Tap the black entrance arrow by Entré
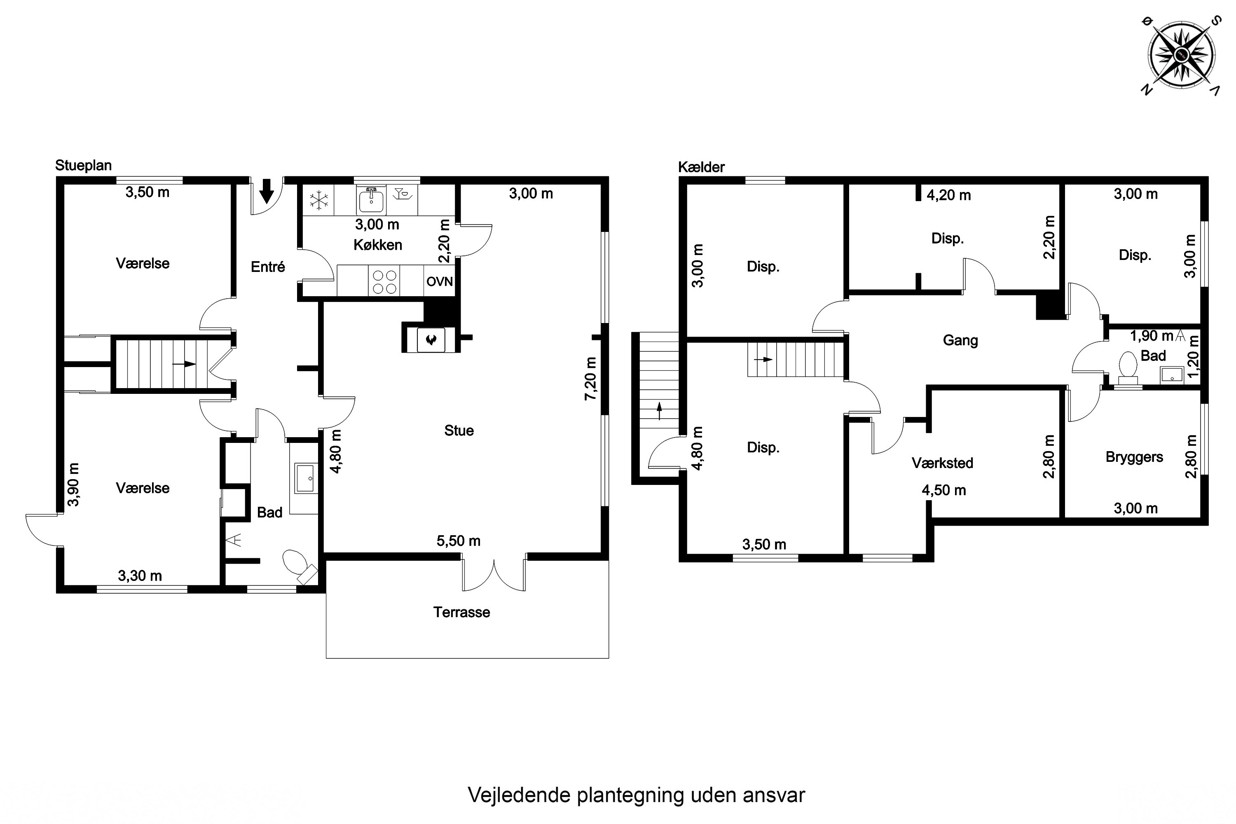click(267, 191)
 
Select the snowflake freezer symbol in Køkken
click(318, 200)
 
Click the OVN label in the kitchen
click(439, 282)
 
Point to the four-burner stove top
click(384, 281)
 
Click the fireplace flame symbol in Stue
click(431, 339)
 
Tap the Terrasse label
click(461, 612)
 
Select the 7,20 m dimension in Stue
click(591, 378)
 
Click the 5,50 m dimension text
click(458, 541)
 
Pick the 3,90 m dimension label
click(74, 484)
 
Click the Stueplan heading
click(84, 166)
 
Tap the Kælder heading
click(701, 167)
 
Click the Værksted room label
click(942, 463)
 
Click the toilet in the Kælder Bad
click(1127, 366)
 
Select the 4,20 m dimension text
click(948, 195)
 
